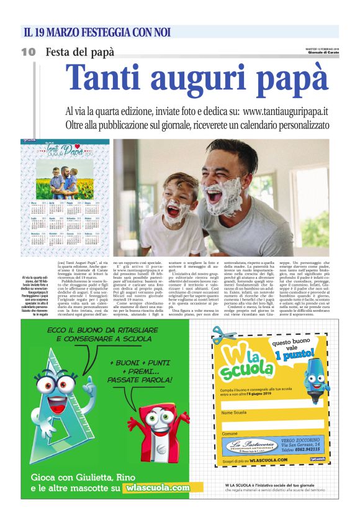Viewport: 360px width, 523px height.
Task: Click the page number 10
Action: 28,52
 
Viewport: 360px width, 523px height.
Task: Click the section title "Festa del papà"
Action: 80,52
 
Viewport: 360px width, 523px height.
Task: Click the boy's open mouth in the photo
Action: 173,210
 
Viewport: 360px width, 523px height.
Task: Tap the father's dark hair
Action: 230,151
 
